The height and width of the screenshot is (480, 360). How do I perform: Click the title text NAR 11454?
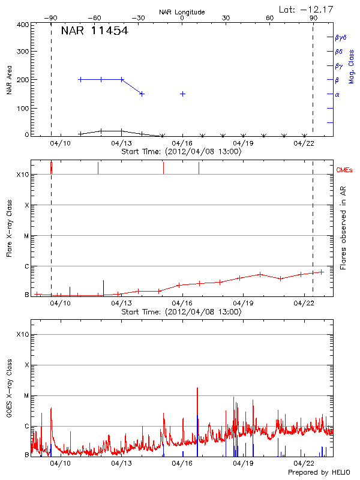(x=94, y=31)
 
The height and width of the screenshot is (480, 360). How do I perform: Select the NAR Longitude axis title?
(x=182, y=12)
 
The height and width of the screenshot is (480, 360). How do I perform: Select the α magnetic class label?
(x=337, y=94)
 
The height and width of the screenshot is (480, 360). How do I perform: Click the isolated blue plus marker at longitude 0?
(x=182, y=94)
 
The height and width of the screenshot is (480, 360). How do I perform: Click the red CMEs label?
(x=346, y=170)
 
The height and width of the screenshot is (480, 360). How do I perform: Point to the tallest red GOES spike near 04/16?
(x=197, y=389)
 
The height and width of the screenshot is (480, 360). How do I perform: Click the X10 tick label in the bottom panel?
(x=23, y=334)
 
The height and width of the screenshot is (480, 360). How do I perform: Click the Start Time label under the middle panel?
(x=181, y=312)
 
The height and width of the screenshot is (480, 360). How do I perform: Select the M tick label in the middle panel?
(x=26, y=236)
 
